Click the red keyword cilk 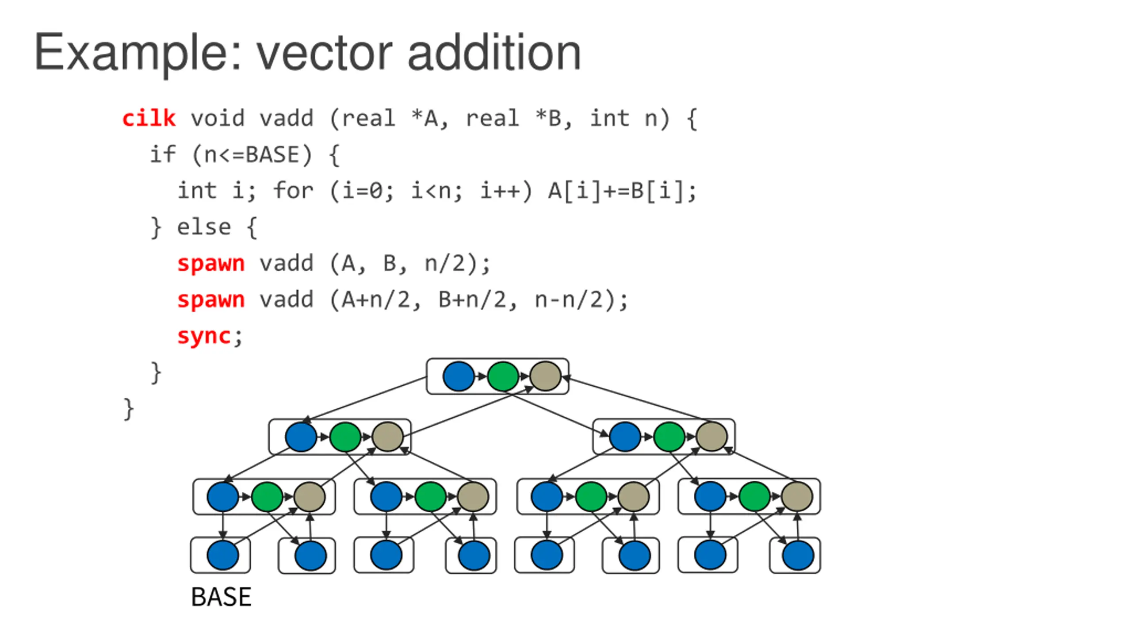tap(149, 118)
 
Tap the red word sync tap(204, 337)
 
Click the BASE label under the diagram tap(221, 597)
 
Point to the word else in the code tap(204, 227)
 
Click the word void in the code tap(218, 118)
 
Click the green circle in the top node tap(503, 376)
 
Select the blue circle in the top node tap(459, 376)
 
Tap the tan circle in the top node tap(545, 376)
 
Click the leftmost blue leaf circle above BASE tap(222, 555)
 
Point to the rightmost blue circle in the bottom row tap(798, 555)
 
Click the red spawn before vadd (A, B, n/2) tap(211, 264)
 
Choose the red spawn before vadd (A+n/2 tap(211, 300)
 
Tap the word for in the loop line tap(293, 191)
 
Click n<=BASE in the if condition tap(252, 155)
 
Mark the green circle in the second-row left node tap(345, 437)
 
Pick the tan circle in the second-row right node tap(711, 437)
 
